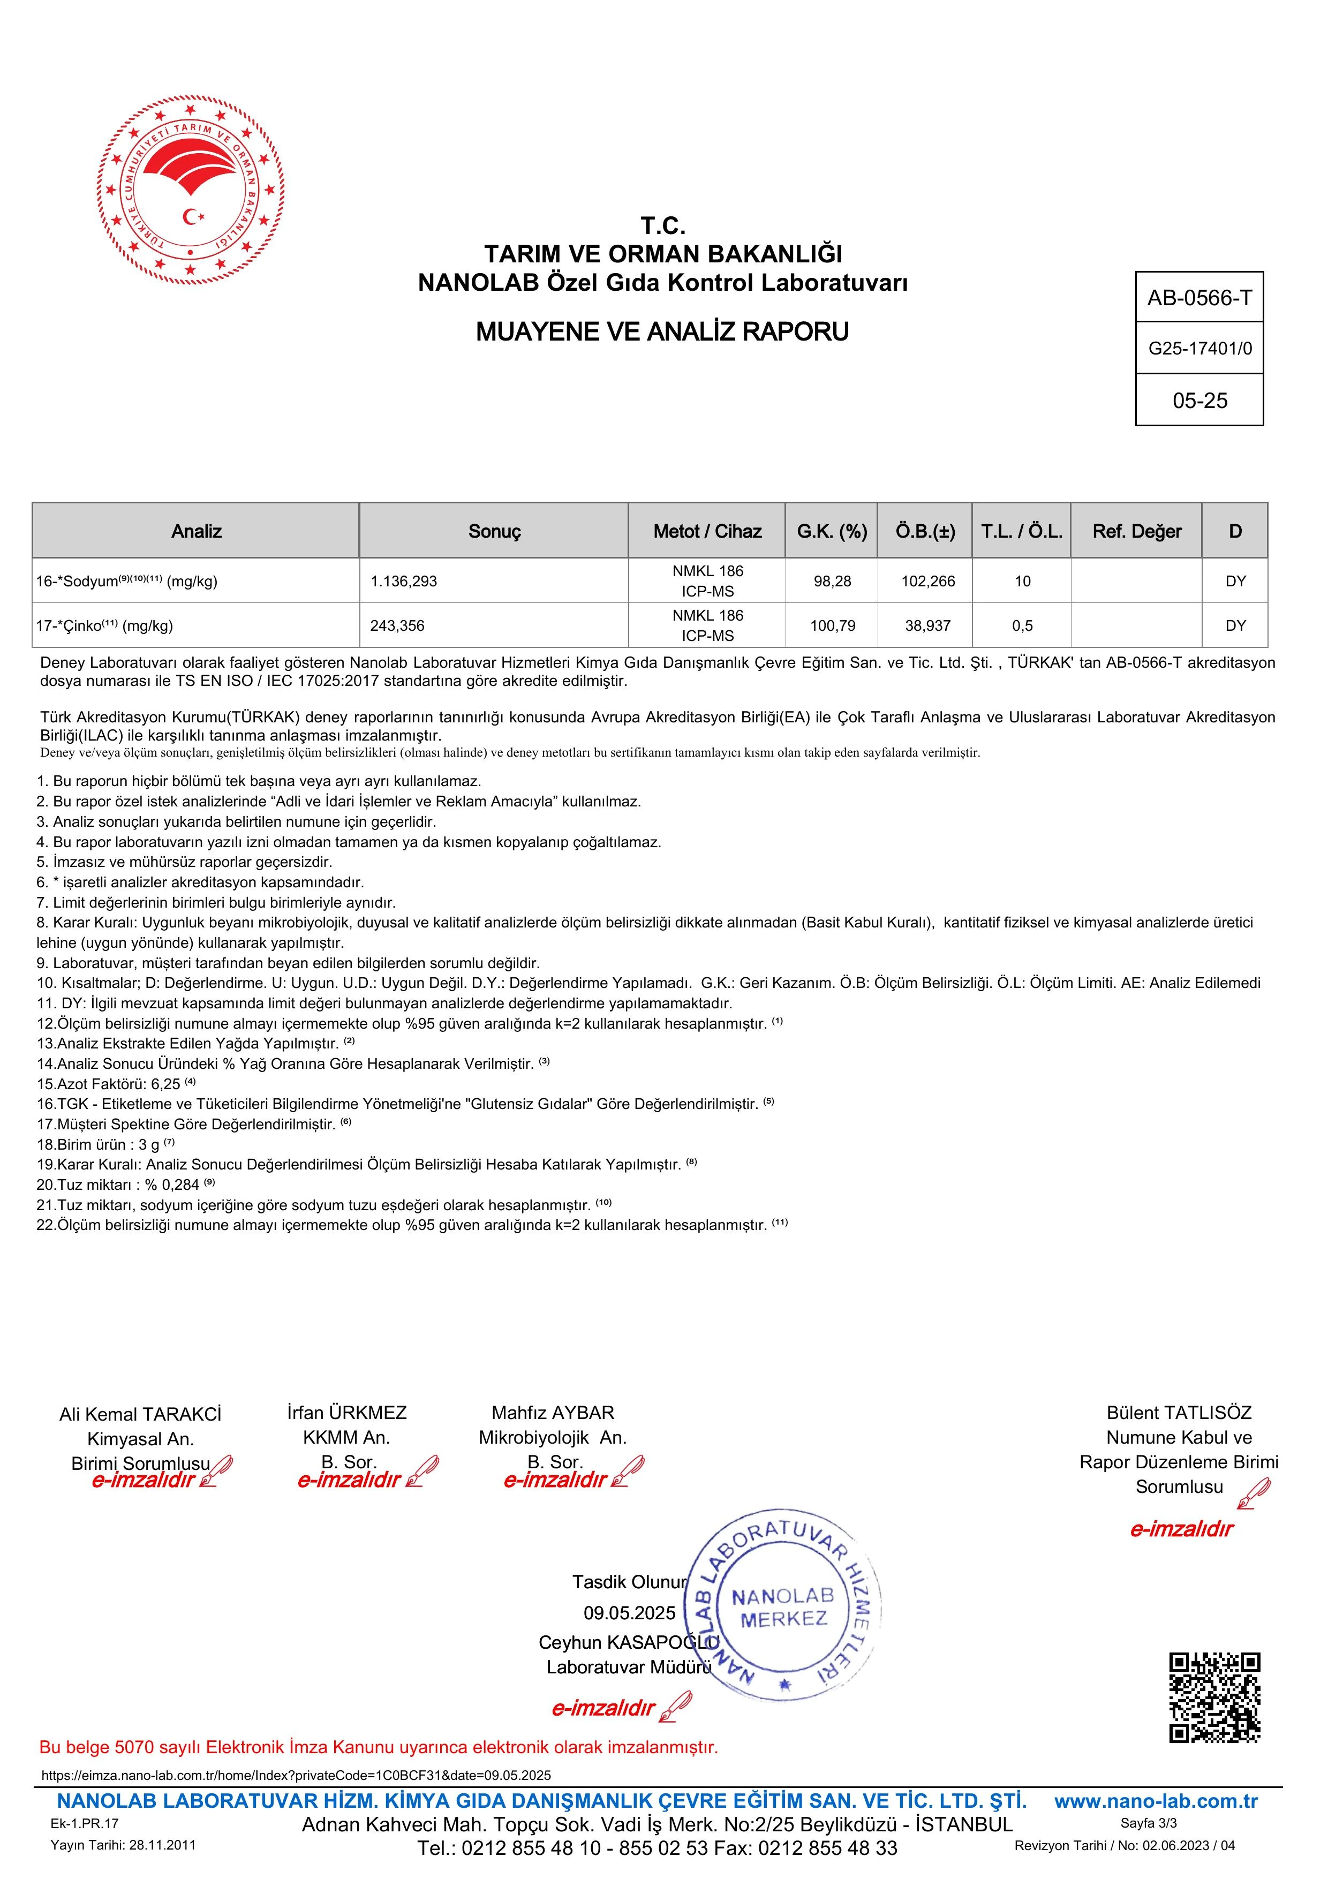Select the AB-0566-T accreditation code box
click(x=1199, y=298)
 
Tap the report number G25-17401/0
click(x=1199, y=349)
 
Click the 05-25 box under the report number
click(x=1199, y=400)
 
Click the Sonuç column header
click(x=494, y=532)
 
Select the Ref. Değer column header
click(x=1136, y=532)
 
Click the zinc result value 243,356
click(x=398, y=626)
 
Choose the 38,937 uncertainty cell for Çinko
click(x=927, y=626)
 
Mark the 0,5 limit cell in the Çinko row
click(x=1022, y=626)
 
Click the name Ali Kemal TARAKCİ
click(x=140, y=1415)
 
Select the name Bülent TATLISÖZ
click(x=1178, y=1413)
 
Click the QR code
click(x=1214, y=1698)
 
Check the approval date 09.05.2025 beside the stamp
click(x=629, y=1613)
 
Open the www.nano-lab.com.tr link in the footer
click(x=1156, y=1801)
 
